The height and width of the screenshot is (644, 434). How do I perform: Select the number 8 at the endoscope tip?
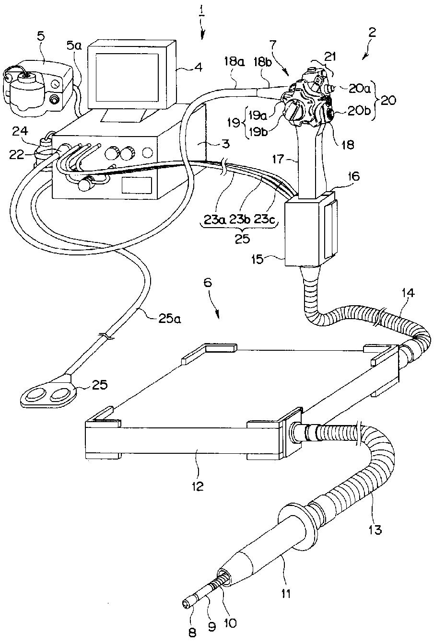pos(193,632)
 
